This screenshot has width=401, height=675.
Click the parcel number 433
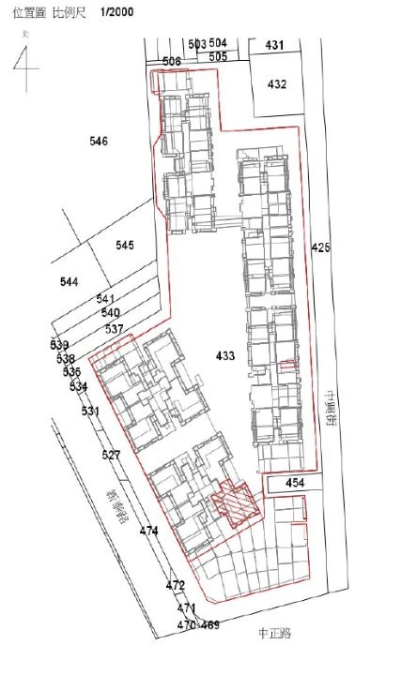click(225, 356)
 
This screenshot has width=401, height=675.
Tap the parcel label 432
click(276, 84)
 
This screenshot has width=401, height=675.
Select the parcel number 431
click(274, 45)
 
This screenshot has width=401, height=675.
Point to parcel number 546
click(99, 142)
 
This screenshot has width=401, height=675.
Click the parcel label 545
click(125, 245)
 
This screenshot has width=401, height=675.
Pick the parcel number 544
click(69, 282)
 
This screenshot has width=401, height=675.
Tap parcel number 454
click(295, 483)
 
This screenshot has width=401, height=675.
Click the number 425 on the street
click(321, 248)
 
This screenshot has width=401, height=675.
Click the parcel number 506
click(172, 61)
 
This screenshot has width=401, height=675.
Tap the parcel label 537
click(115, 329)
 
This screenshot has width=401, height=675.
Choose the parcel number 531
click(90, 412)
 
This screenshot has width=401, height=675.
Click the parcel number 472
click(176, 585)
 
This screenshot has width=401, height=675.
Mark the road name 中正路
click(274, 633)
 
